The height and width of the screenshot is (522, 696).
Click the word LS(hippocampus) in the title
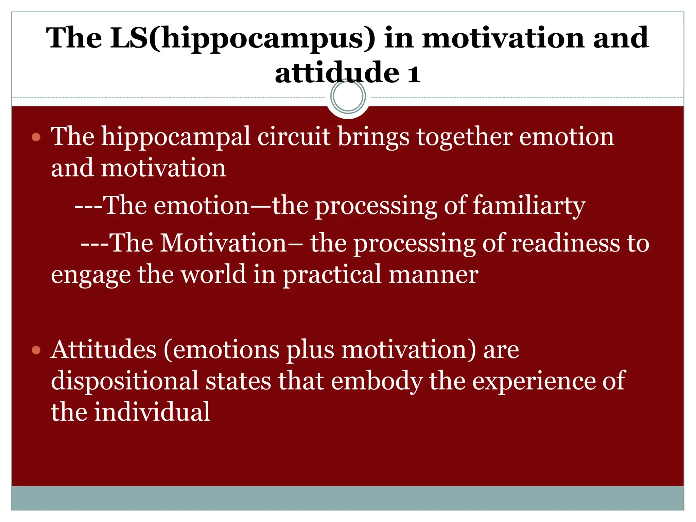pos(243,38)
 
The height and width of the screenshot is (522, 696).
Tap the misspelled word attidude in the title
pos(337,73)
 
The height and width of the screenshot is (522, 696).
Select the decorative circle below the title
pos(348,96)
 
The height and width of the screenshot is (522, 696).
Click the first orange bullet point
pos(36,137)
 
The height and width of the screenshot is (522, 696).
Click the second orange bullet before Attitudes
pos(36,350)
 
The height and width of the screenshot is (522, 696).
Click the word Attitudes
pos(103,350)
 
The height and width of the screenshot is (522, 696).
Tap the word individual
pos(152,412)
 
